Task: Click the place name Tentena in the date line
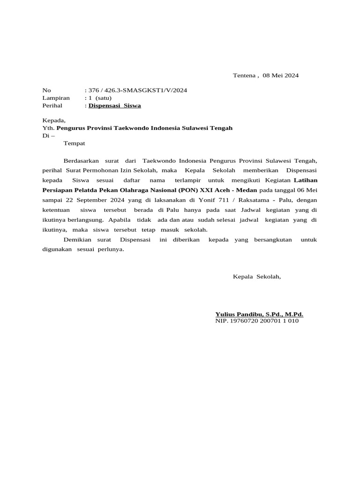[x=244, y=75]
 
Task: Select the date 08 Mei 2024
[x=281, y=75]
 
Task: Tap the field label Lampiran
[x=56, y=98]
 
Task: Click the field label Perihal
[x=52, y=105]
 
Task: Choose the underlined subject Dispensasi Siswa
[x=115, y=105]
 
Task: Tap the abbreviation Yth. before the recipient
[x=48, y=128]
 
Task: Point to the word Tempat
[x=75, y=143]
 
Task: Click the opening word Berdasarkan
[x=81, y=161]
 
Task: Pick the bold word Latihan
[x=305, y=180]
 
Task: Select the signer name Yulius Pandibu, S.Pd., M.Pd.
[x=259, y=314]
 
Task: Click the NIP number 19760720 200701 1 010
[x=264, y=321]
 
